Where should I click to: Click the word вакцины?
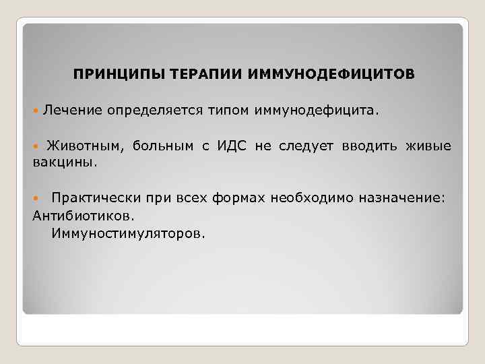click(65, 162)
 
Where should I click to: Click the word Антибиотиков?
click(83, 216)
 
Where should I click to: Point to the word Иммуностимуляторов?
click(127, 233)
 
